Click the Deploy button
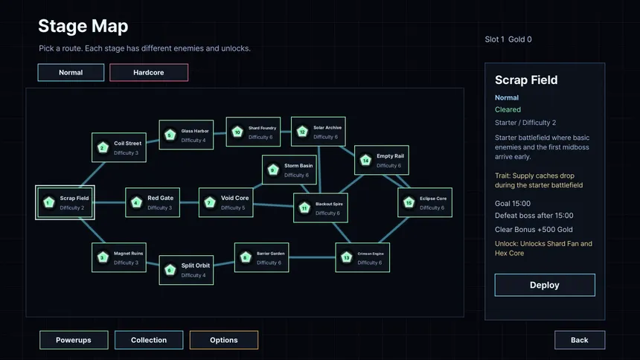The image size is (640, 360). [x=545, y=285]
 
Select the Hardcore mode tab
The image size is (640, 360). [x=149, y=72]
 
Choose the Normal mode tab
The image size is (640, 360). [x=71, y=72]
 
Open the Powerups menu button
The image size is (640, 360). [x=74, y=340]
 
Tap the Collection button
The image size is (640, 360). [x=149, y=340]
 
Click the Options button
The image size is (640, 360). [x=224, y=340]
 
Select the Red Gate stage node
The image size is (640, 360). [x=153, y=202]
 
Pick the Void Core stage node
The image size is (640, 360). [x=225, y=202]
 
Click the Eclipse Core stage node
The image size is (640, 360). [x=425, y=202]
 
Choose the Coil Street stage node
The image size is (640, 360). [x=119, y=147]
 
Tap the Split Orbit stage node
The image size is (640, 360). [x=186, y=270]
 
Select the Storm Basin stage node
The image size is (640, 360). [x=289, y=170]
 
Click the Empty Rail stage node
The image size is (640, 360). [x=382, y=160]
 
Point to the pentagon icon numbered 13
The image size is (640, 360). [x=347, y=257]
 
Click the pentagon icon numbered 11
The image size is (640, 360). [x=304, y=208]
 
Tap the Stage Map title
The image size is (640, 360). [x=83, y=26]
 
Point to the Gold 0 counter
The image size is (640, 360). [x=520, y=39]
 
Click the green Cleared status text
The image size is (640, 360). [x=508, y=109]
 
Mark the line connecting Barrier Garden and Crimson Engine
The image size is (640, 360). [x=313, y=257]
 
